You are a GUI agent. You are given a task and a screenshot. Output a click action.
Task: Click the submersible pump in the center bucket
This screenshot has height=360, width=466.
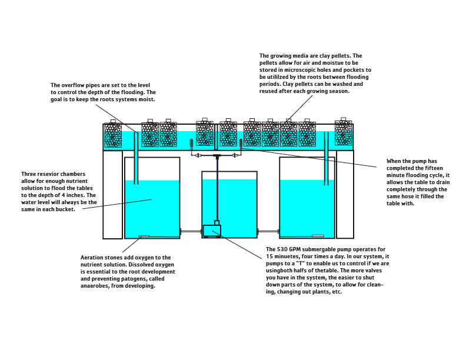[x=211, y=231]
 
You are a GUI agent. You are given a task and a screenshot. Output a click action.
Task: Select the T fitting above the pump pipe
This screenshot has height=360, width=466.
[x=217, y=155]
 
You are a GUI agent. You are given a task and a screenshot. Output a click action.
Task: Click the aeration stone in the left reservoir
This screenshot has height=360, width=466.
[x=144, y=236]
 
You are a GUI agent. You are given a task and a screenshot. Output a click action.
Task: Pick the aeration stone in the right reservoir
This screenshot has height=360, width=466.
[x=318, y=236]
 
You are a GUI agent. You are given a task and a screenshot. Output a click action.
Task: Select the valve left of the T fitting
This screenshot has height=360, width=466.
[x=198, y=155]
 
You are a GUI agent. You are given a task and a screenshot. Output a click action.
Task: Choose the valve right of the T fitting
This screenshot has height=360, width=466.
[x=234, y=155]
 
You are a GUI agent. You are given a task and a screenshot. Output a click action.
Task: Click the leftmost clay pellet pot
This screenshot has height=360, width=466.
[x=112, y=135]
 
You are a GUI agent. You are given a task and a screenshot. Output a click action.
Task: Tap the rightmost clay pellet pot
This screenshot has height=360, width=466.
[x=343, y=133]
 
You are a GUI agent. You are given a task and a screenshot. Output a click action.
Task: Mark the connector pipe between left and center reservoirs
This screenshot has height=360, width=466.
[x=191, y=231]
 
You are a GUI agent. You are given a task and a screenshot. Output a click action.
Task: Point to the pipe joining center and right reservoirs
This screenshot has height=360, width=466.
[x=268, y=231]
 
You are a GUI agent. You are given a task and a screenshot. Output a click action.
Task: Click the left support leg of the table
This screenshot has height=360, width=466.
[x=112, y=194]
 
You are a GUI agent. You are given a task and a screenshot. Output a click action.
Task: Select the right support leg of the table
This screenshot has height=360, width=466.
[x=345, y=194]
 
